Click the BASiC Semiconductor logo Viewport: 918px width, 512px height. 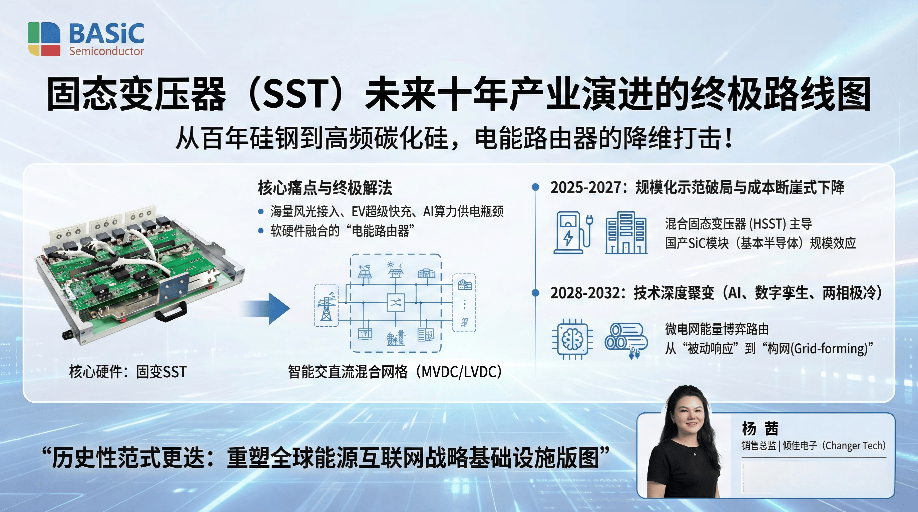86,39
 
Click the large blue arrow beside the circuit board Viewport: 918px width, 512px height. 266,308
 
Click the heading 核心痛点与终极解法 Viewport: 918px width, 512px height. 325,188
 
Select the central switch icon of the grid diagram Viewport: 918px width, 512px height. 396,303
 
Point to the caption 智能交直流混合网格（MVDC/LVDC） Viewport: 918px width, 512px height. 395,372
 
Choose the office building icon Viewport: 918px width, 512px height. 626,233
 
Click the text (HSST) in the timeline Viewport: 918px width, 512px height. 768,224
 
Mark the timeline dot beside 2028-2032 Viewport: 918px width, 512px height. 535,293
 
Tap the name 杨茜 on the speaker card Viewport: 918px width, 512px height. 760,429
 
